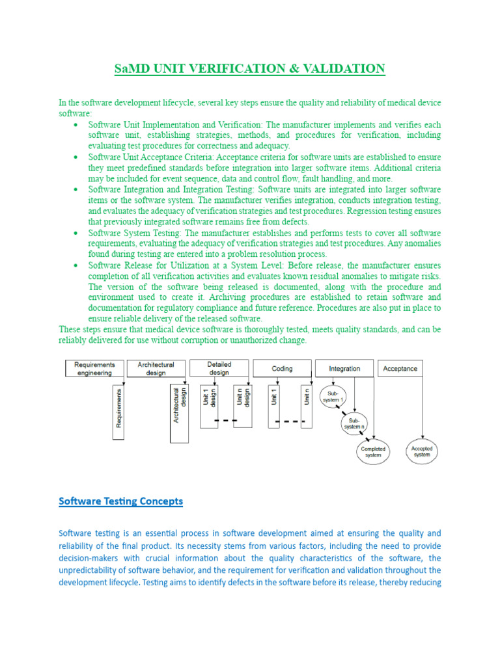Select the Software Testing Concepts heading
[x=120, y=501]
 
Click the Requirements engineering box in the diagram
[x=94, y=369]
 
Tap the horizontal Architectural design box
[x=156, y=369]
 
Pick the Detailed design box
[x=219, y=369]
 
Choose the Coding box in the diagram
[x=282, y=369]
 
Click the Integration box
[x=344, y=369]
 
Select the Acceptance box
[x=400, y=369]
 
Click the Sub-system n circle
[x=354, y=424]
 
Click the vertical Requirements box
[x=118, y=412]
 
